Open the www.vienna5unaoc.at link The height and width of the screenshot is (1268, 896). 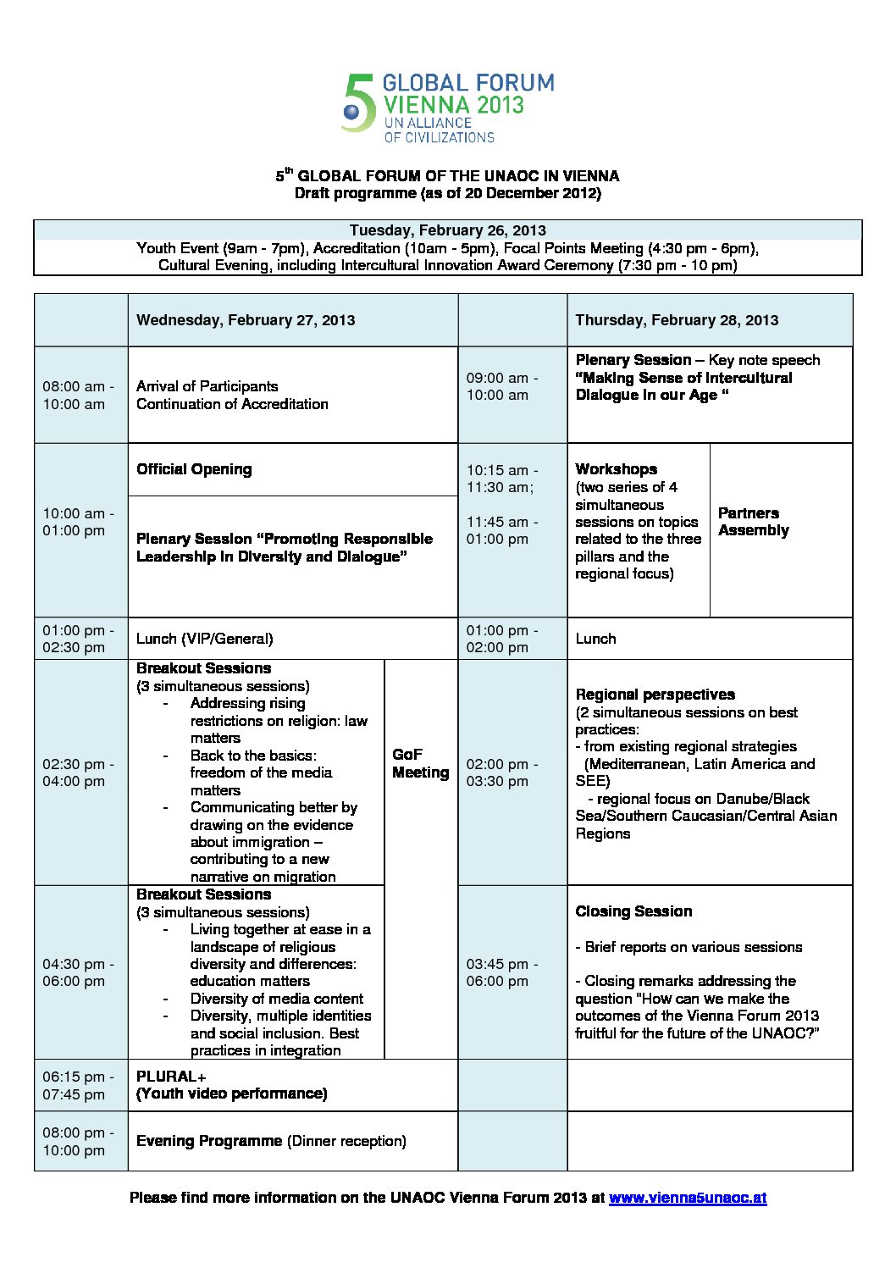687,1198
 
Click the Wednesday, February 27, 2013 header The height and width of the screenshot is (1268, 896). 246,320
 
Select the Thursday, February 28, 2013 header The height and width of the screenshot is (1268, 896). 677,320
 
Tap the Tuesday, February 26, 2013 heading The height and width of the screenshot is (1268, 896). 447,230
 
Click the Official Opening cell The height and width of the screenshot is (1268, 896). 194,469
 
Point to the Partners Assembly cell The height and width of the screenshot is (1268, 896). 754,522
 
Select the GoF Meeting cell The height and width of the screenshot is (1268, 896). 420,763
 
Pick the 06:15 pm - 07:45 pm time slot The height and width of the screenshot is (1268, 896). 78,1085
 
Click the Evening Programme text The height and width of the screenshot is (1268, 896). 209,1141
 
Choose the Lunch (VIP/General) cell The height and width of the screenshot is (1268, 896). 204,639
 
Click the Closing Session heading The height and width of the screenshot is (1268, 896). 633,911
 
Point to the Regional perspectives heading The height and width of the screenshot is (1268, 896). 655,695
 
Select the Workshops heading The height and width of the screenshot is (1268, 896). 616,469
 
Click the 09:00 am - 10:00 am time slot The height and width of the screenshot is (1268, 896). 501,386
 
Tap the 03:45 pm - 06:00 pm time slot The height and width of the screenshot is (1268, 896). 501,972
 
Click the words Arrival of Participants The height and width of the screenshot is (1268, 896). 207,386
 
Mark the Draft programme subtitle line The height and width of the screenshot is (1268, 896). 447,193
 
